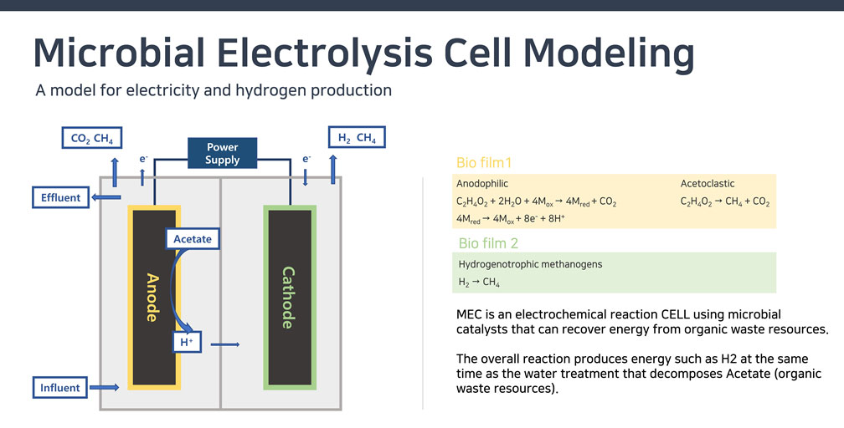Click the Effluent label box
pyautogui.click(x=60, y=198)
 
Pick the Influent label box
pyautogui.click(x=60, y=388)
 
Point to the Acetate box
pyautogui.click(x=193, y=239)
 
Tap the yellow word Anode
pyautogui.click(x=152, y=297)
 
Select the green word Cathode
pyautogui.click(x=288, y=297)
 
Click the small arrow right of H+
pyautogui.click(x=225, y=344)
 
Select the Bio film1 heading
pyautogui.click(x=483, y=163)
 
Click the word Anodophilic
pyautogui.click(x=482, y=183)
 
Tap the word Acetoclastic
pyautogui.click(x=707, y=183)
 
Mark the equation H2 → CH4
pyautogui.click(x=480, y=283)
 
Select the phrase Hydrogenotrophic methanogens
pyautogui.click(x=530, y=264)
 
